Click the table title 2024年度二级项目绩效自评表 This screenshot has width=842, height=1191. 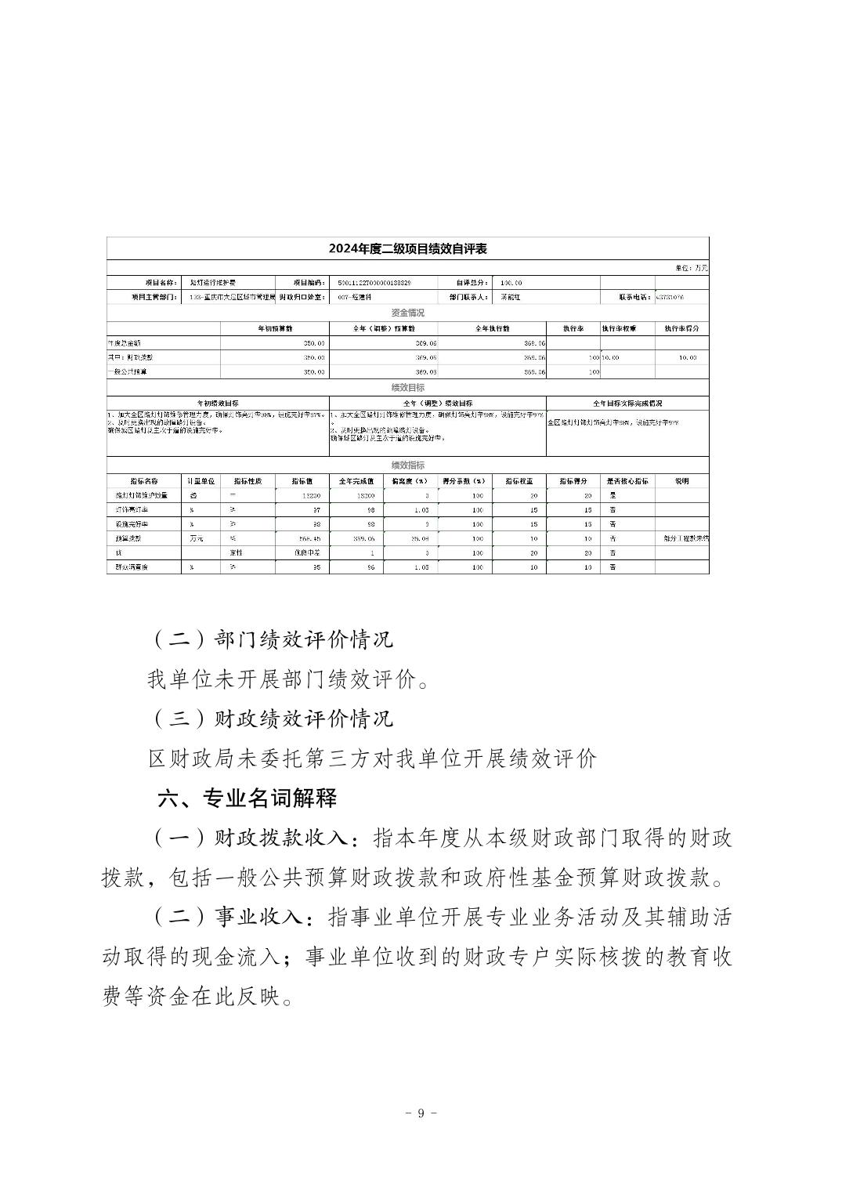(407, 249)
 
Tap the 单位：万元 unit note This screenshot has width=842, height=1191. (692, 268)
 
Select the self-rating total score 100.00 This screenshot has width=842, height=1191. (511, 283)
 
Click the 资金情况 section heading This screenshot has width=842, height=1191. (407, 313)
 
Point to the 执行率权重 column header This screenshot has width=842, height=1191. (627, 328)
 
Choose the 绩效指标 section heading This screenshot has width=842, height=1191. (407, 465)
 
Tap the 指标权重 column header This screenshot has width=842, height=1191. (519, 481)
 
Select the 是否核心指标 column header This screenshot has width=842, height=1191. (627, 481)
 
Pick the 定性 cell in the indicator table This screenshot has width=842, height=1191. (233, 552)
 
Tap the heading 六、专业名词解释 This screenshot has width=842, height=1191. (247, 798)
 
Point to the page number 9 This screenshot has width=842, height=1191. (421, 1113)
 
